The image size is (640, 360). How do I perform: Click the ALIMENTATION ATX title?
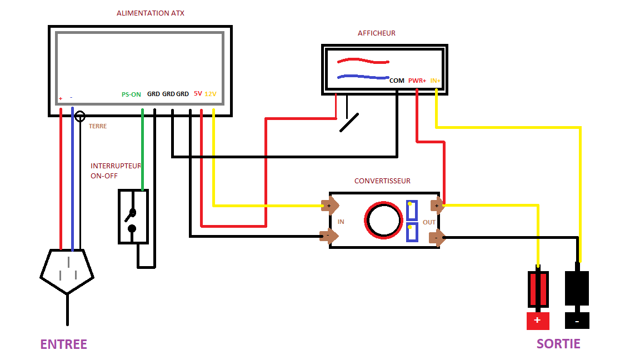coord(150,13)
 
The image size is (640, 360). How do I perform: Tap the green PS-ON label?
coord(131,94)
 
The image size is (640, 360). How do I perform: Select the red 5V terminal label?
coord(198,94)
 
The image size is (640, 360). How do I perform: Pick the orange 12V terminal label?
coord(211,94)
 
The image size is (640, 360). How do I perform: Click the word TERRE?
coord(98,126)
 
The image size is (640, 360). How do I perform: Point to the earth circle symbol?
coord(80,116)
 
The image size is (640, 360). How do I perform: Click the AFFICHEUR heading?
coord(376,33)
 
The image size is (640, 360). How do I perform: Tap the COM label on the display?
coord(397,81)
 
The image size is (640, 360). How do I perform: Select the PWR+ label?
coord(417,81)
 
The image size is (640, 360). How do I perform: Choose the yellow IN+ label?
coord(436,81)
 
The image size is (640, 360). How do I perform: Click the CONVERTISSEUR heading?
coord(382,181)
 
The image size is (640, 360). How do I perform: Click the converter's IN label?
coord(341,222)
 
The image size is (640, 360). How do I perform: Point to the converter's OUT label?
coord(429,222)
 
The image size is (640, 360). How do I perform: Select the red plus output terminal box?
coord(538,321)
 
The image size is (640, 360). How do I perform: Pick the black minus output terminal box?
coord(577,321)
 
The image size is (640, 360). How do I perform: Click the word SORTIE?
coord(558,344)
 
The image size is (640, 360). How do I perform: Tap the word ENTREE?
coord(63,344)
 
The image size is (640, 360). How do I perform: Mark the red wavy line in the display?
coord(363,61)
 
